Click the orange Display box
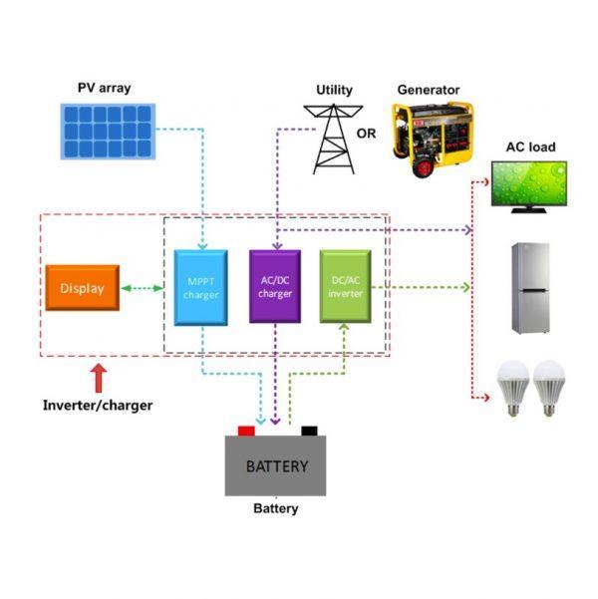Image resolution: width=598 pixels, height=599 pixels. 82,288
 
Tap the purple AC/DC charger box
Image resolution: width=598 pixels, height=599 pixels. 274,286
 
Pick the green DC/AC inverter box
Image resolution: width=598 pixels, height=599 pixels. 346,286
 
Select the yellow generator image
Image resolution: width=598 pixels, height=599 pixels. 429,140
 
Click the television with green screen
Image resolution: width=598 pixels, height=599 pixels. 532,185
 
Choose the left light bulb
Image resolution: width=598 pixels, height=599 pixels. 511,388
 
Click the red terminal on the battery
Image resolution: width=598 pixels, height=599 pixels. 246,432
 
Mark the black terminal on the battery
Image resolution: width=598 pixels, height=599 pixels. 309,432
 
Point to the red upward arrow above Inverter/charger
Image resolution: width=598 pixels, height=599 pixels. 98,378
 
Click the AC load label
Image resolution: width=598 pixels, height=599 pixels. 531,148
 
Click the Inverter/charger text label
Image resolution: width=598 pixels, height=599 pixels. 98,406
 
